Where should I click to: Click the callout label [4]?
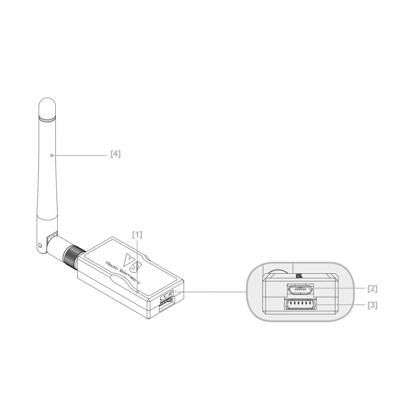coord(116,154)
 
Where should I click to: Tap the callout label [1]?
coord(137,235)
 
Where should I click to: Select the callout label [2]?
coord(372,288)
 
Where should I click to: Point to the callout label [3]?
coord(372,305)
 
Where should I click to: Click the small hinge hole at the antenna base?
coord(40,246)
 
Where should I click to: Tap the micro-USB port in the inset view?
coord(300,289)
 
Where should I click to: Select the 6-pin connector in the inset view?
coord(300,304)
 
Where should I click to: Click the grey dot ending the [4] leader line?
coord(51,155)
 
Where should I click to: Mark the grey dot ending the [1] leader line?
coord(137,291)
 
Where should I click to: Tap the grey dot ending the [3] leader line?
coord(315,304)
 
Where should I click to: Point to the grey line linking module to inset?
coord(212,292)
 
